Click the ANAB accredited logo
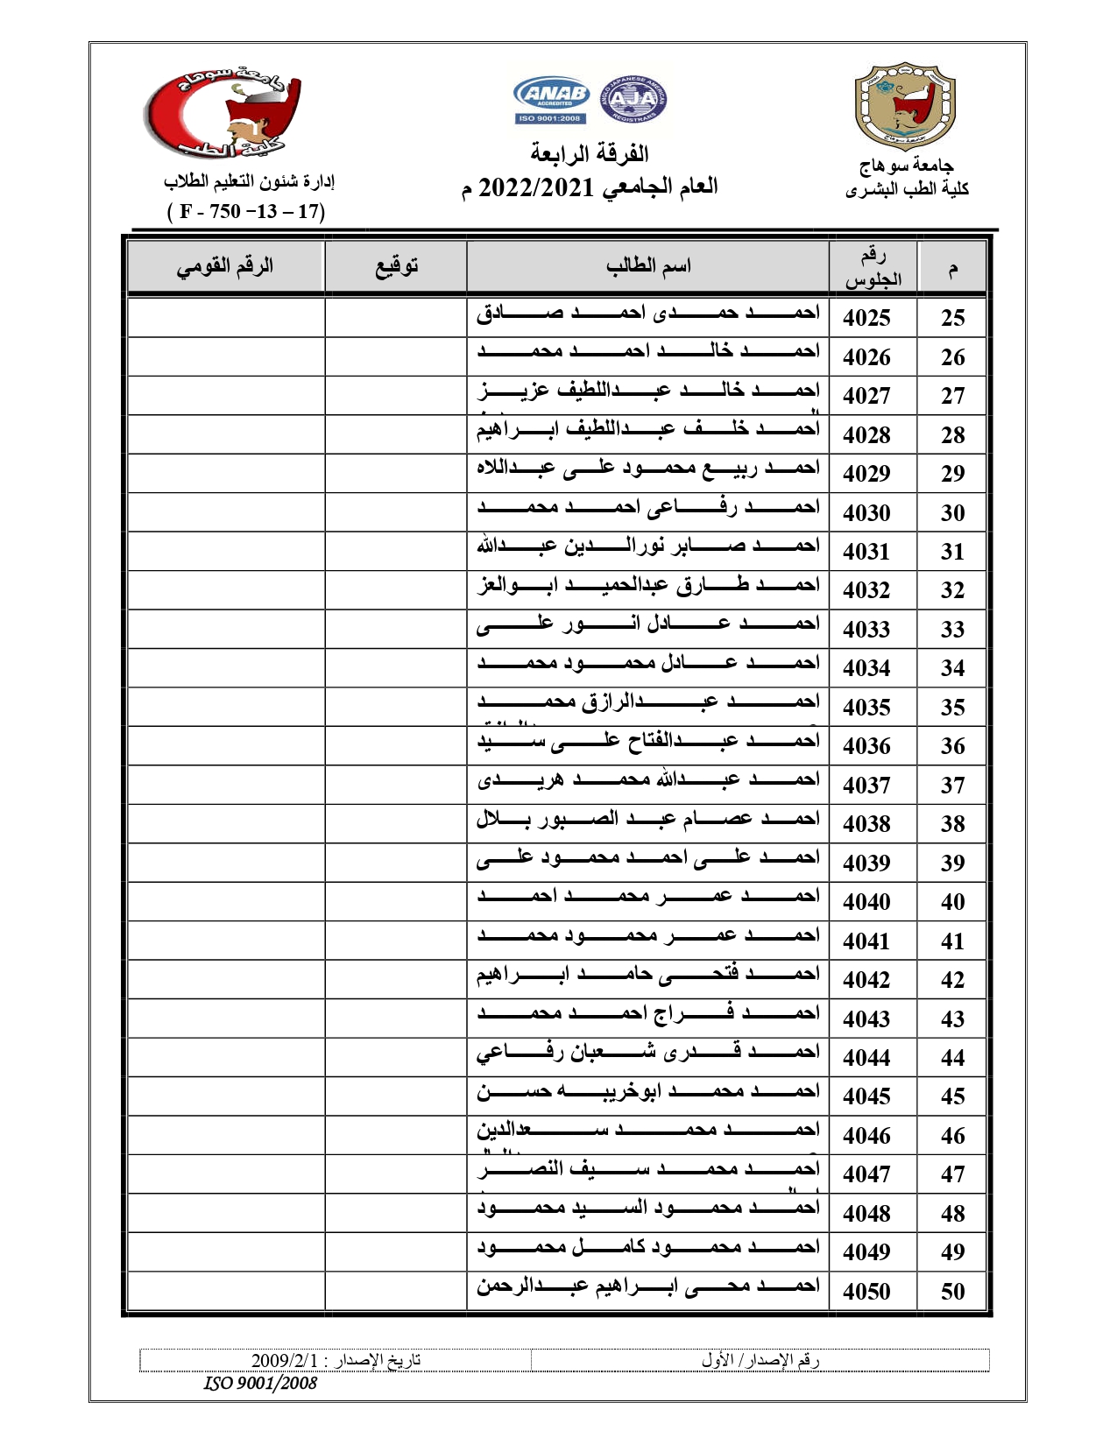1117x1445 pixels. point(551,99)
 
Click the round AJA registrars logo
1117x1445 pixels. point(633,99)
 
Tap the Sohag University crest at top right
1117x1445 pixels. point(904,106)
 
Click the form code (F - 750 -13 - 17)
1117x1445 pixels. point(246,211)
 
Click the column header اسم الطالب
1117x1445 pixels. point(648,265)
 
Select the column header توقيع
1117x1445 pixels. point(396,266)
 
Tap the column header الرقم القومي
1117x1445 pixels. point(226,266)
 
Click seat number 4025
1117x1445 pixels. point(866,318)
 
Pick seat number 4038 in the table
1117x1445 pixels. point(866,824)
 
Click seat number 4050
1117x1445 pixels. point(866,1291)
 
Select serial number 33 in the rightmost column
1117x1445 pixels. point(952,630)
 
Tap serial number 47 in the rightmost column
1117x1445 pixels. point(952,1174)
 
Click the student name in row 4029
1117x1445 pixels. point(648,469)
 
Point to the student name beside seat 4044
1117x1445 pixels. point(648,1053)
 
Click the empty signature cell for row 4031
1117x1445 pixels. point(396,552)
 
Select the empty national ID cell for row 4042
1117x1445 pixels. point(226,980)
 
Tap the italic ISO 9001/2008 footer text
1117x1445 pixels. point(260,1383)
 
